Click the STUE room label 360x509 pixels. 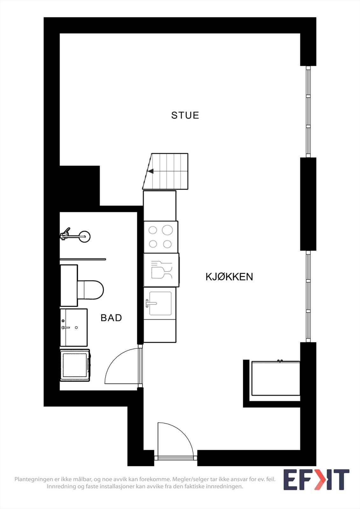pos(185,115)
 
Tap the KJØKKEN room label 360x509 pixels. pos(229,277)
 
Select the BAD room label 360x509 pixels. pos(111,318)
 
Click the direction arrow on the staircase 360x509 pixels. pos(151,171)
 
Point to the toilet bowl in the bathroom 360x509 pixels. pos(92,289)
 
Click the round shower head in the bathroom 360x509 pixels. pos(85,236)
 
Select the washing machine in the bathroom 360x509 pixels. pos(75,365)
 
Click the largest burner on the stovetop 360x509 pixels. pos(167,230)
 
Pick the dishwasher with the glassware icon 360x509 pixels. pos(161,270)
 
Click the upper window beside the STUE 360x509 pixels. pos(308,111)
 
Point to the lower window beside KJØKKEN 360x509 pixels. pos(308,296)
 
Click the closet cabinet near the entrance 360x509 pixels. pos(276,378)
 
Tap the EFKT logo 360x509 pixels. pos(316,479)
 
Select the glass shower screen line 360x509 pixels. pos(83,259)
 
